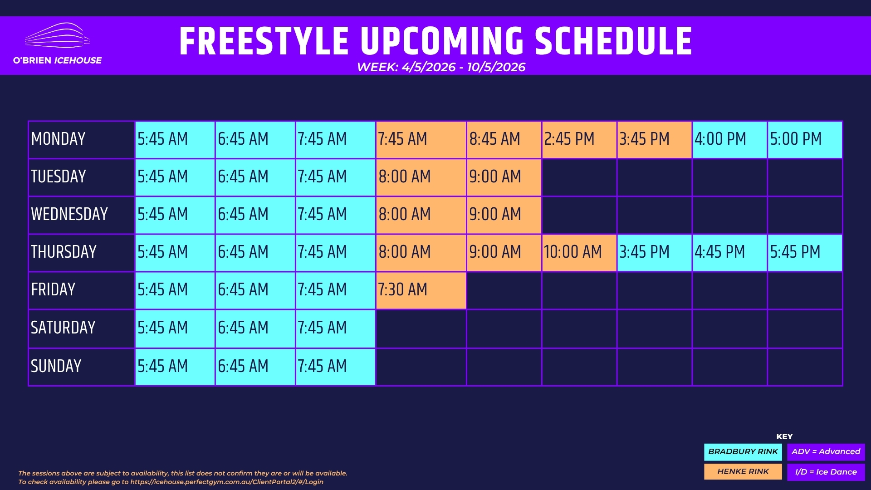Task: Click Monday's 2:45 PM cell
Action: pos(579,140)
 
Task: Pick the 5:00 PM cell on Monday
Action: pos(805,140)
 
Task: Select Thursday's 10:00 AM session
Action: pos(579,253)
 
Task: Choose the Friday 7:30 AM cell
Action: pos(421,290)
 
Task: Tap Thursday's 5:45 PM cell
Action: pos(805,253)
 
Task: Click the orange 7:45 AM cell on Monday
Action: pos(421,140)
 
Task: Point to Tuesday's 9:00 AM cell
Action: pos(504,177)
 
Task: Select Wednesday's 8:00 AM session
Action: pos(421,215)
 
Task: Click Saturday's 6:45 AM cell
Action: pos(255,328)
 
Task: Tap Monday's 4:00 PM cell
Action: pos(729,140)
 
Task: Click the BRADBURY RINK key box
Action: pos(743,452)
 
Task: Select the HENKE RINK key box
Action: pos(743,472)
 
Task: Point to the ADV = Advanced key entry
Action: pos(826,452)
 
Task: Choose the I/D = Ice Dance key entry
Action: pos(826,472)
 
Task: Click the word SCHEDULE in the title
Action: pos(613,41)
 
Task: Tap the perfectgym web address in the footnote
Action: pos(227,482)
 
